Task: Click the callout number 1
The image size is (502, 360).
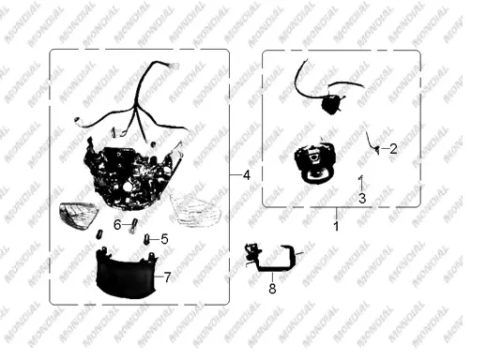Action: [x=336, y=226]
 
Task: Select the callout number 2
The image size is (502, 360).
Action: [x=393, y=149]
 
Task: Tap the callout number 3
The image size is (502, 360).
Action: [x=362, y=199]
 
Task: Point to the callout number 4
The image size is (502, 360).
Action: [x=247, y=175]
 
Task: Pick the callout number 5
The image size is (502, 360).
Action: [x=164, y=239]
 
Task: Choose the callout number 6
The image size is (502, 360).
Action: [x=117, y=225]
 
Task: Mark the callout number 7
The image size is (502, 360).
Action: [x=167, y=277]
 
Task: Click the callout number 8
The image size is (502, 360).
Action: [x=272, y=289]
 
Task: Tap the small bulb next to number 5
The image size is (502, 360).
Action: [x=147, y=239]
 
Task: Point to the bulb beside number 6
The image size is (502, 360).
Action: [x=133, y=225]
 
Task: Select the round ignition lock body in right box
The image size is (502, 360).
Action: [x=315, y=162]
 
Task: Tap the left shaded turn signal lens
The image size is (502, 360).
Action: [x=78, y=216]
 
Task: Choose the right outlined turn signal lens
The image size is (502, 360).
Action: [x=194, y=210]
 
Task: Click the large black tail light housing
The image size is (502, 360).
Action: [x=131, y=172]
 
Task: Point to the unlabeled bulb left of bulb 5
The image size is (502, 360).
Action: [x=99, y=235]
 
